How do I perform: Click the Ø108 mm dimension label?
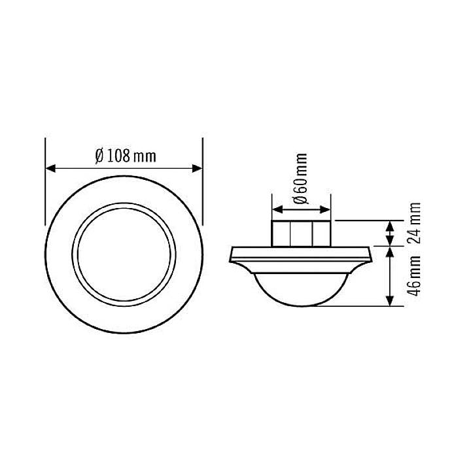125,156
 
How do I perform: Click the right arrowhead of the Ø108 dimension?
198,168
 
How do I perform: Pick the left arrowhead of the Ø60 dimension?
276,210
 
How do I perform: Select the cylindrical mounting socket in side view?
301,233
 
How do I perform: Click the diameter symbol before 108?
99,156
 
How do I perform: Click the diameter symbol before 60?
300,198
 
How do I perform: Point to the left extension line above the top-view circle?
45,157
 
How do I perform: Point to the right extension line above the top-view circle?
202,157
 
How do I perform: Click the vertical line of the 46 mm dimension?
390,275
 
